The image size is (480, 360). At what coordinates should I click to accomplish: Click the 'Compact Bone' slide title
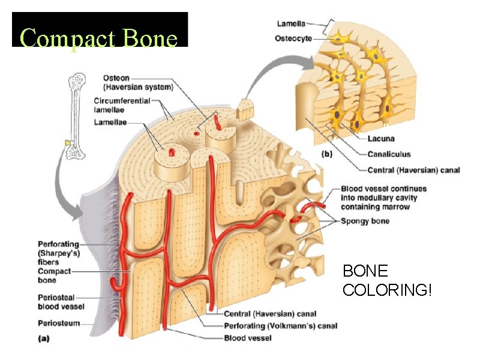click(x=100, y=38)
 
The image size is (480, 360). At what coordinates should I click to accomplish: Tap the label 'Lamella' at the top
click(x=290, y=23)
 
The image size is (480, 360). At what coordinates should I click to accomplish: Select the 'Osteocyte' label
click(x=294, y=38)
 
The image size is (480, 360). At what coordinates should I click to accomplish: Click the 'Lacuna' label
click(x=381, y=139)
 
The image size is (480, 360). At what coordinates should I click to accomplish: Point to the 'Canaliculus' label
click(x=389, y=154)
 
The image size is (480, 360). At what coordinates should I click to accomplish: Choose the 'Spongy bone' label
click(x=365, y=221)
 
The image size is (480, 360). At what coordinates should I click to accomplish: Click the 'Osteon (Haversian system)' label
click(x=137, y=83)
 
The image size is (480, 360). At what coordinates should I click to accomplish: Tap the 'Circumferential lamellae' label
click(x=122, y=105)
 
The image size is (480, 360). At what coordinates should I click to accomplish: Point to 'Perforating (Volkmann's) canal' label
click(x=280, y=326)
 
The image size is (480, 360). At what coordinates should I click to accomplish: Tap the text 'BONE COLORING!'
click(x=386, y=281)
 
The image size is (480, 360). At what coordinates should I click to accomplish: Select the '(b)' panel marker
click(x=327, y=154)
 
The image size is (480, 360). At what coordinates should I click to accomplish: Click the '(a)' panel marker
click(x=44, y=338)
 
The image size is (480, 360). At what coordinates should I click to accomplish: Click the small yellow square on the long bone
click(x=67, y=143)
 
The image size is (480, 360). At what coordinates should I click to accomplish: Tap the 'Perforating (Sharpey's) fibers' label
click(x=58, y=253)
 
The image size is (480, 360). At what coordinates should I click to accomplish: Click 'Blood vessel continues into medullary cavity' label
click(x=379, y=197)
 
